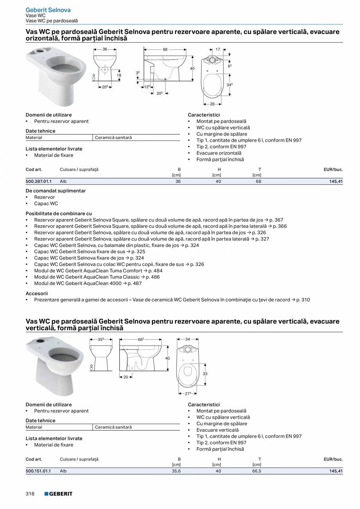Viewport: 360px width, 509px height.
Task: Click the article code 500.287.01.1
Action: click(x=38, y=182)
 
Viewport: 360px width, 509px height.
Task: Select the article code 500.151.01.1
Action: click(x=38, y=471)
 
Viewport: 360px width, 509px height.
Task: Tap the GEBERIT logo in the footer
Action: click(x=58, y=494)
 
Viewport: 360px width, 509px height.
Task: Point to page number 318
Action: click(x=30, y=494)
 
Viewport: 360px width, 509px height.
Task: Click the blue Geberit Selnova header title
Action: click(x=43, y=10)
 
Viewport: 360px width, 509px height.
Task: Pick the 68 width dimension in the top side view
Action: click(x=165, y=50)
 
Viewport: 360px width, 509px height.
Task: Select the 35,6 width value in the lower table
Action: click(x=176, y=471)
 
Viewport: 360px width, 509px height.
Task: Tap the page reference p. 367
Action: click(x=276, y=220)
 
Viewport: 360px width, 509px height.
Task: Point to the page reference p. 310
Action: click(x=303, y=300)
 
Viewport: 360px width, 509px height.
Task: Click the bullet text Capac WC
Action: click(x=46, y=203)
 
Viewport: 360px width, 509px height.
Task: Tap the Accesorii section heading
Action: click(x=37, y=293)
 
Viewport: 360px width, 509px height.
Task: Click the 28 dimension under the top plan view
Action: click(x=212, y=104)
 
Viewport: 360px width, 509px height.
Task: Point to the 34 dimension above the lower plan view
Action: click(x=188, y=339)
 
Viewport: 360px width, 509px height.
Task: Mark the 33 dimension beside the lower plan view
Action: click(x=205, y=374)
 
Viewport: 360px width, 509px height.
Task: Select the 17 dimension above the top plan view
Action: click(x=218, y=50)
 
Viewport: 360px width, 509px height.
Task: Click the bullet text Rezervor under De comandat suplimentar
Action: click(x=44, y=197)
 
